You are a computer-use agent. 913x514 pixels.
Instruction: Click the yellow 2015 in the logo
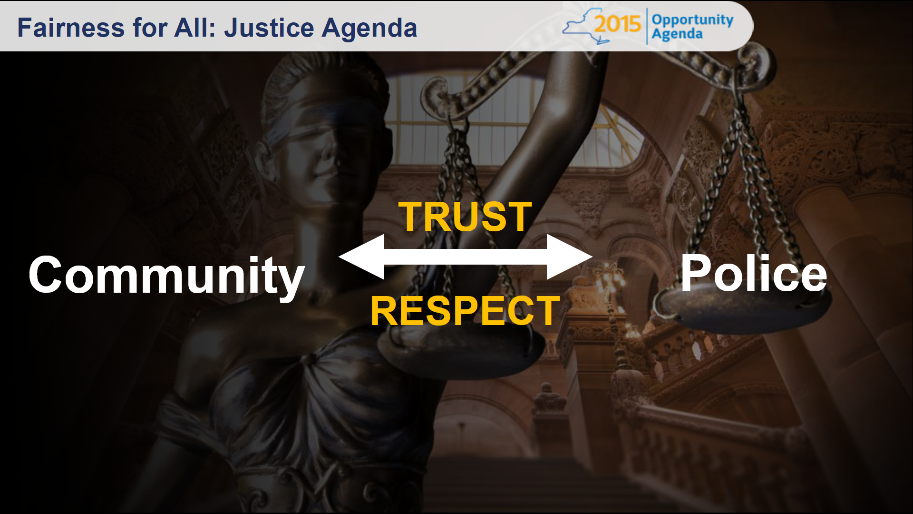617,23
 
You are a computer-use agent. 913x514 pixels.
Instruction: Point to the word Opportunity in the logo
692,20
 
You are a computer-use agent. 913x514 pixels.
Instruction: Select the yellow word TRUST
465,217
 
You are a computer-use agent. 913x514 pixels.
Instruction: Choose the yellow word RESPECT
466,310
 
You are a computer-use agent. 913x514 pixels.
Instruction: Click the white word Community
166,276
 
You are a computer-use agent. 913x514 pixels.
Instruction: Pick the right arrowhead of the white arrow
569,257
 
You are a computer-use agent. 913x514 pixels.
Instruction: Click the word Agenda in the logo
677,34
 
